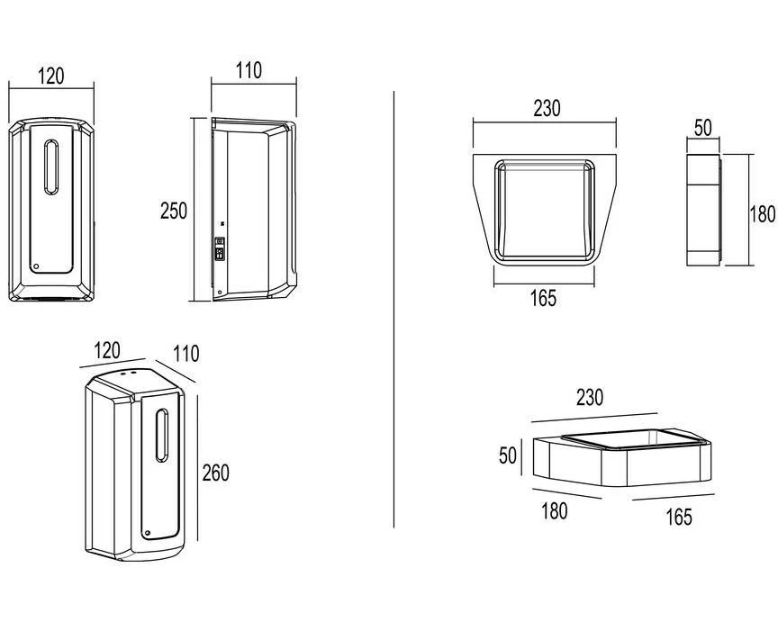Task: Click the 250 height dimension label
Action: pos(174,211)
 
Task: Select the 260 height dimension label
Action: pos(215,472)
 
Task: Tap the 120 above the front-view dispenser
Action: pos(51,76)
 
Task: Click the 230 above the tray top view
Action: pos(547,109)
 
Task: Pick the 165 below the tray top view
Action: pos(542,298)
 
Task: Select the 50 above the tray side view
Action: pos(702,128)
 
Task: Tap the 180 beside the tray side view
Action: pos(762,214)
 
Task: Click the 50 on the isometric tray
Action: pos(508,455)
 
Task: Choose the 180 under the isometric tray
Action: pos(555,509)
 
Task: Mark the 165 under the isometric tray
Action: pos(678,516)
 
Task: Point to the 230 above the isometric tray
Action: pos(590,397)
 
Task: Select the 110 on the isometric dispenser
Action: pos(185,354)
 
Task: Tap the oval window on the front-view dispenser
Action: pos(52,168)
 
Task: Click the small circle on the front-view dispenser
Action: pos(36,266)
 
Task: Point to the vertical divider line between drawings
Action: pos(394,306)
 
